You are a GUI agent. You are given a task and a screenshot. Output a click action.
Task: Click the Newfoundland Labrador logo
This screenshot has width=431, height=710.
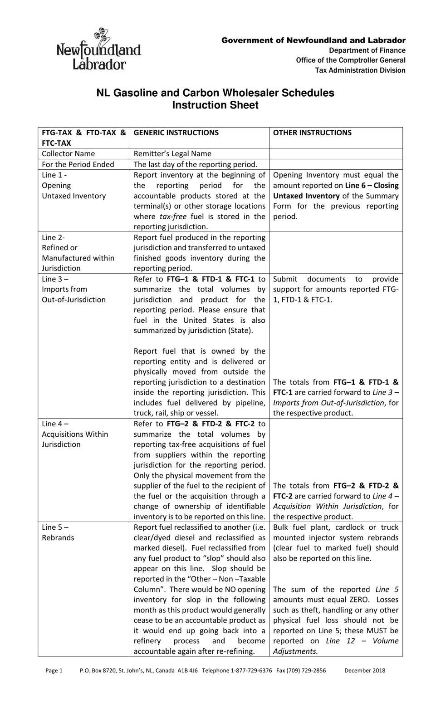pos(98,49)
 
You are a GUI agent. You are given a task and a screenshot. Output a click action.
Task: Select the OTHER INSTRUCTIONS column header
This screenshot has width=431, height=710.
pos(312,133)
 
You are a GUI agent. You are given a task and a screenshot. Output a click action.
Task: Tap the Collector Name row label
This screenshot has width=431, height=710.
pos(69,153)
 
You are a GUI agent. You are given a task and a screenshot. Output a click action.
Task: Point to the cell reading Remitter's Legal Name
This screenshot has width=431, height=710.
pos(172,153)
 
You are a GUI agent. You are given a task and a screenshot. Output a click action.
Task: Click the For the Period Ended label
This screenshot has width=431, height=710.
pos(78,164)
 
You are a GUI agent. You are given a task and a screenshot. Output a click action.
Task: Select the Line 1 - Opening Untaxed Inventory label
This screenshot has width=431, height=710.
pos(73,185)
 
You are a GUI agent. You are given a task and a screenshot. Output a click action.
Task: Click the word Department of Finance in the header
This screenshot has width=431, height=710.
pos(367,50)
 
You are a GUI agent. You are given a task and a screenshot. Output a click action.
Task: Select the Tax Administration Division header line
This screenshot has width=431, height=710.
pos(360,70)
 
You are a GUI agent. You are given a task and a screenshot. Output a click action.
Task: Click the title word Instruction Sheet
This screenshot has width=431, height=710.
pos(215,105)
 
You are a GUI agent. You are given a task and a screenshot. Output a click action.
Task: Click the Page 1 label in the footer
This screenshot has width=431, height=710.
pos(54,670)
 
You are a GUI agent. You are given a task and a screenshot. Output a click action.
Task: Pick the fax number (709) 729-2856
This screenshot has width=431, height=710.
pos(308,670)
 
